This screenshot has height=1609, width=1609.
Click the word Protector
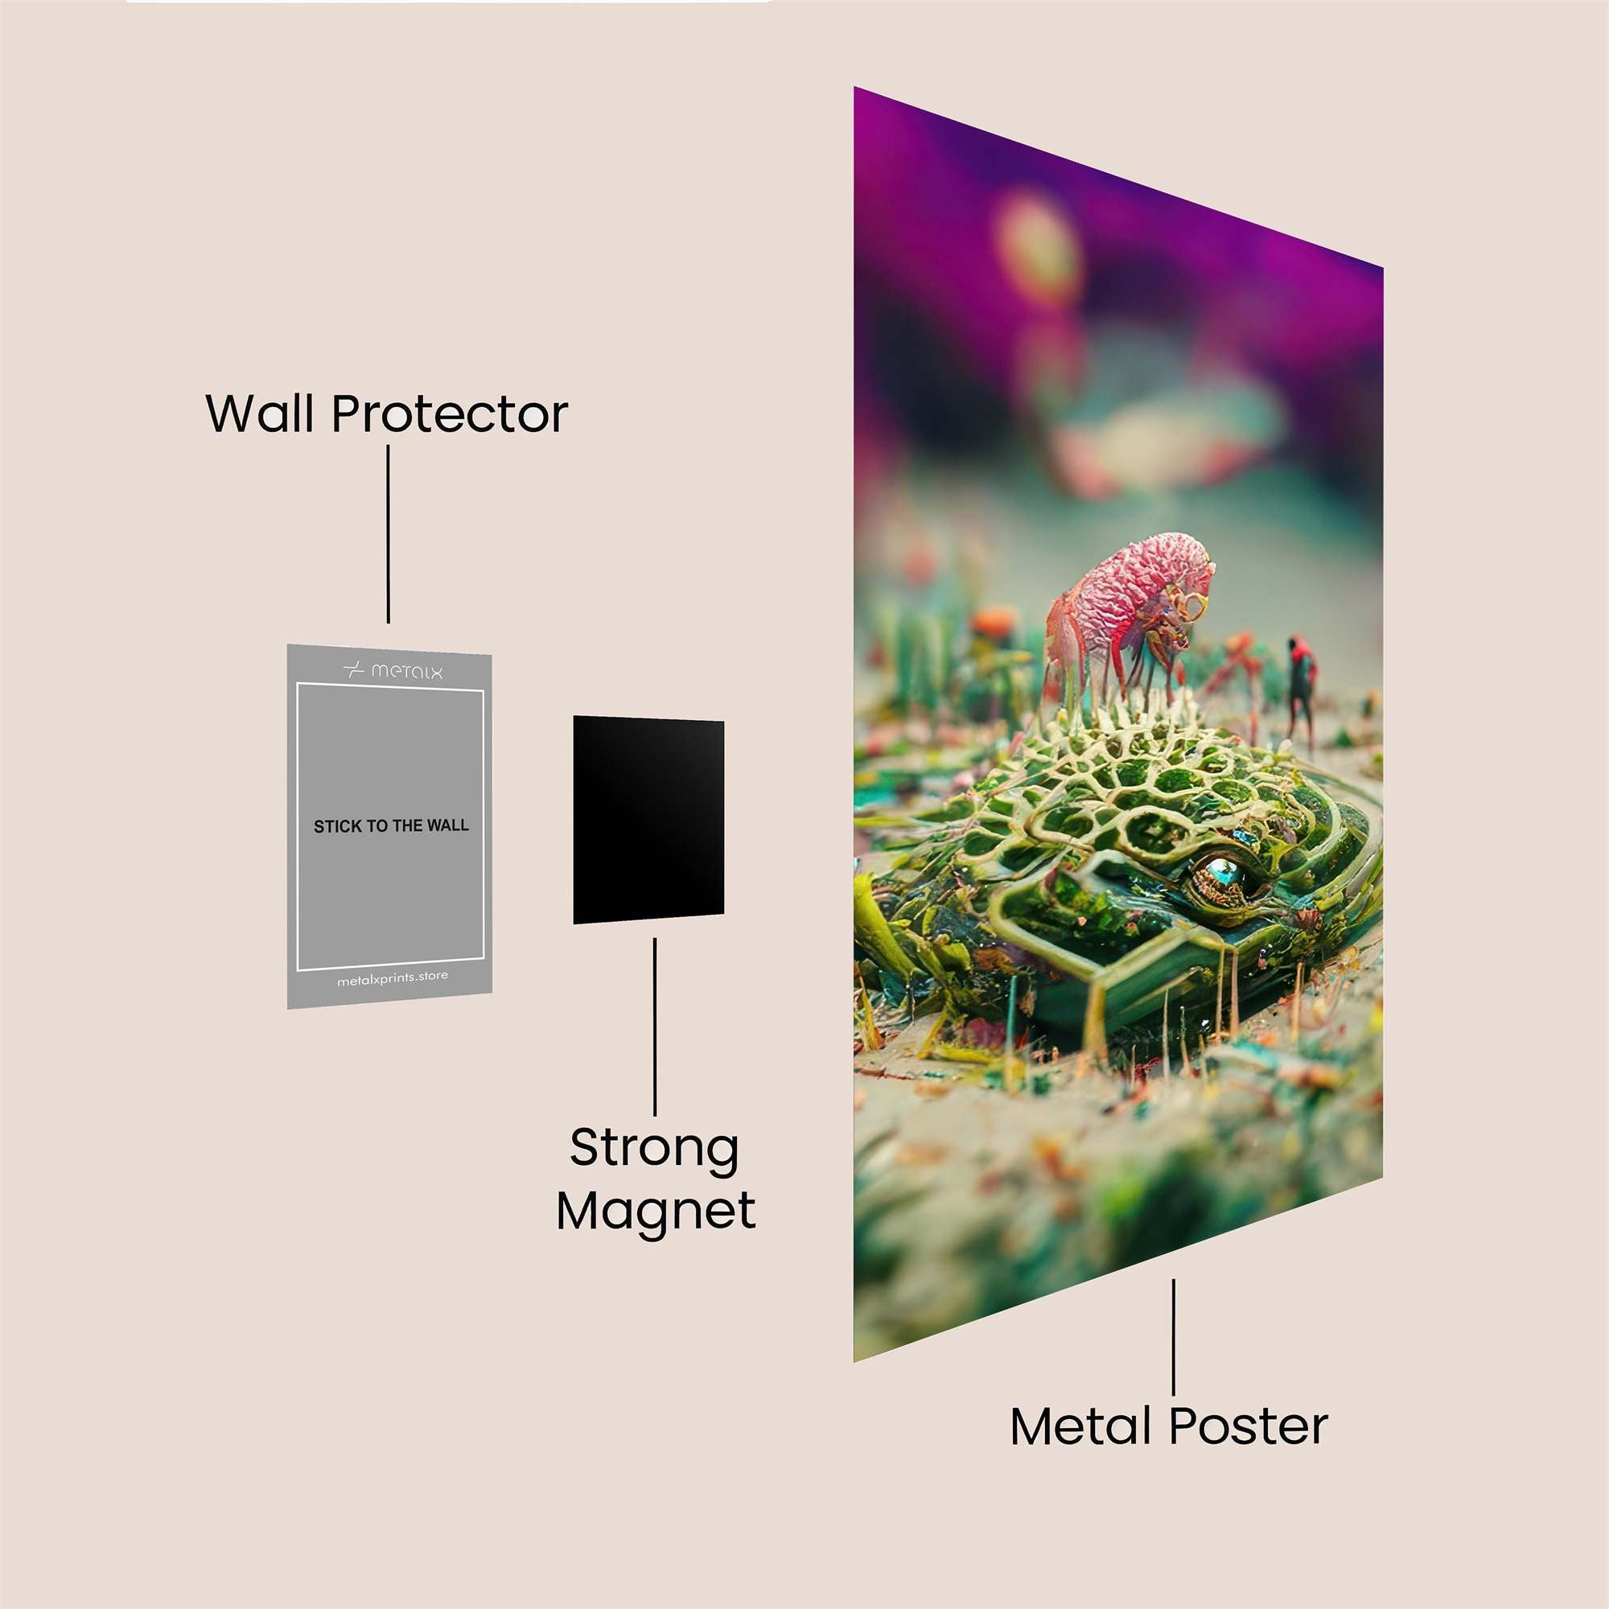[450, 413]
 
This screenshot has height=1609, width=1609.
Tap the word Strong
[655, 1150]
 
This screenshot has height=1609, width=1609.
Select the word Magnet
[656, 1211]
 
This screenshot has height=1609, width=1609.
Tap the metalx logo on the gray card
[393, 669]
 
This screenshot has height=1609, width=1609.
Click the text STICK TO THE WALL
[392, 826]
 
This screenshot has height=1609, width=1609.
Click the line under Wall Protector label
[388, 534]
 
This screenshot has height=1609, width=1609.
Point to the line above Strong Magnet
[655, 1027]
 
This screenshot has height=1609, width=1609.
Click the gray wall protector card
[389, 825]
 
